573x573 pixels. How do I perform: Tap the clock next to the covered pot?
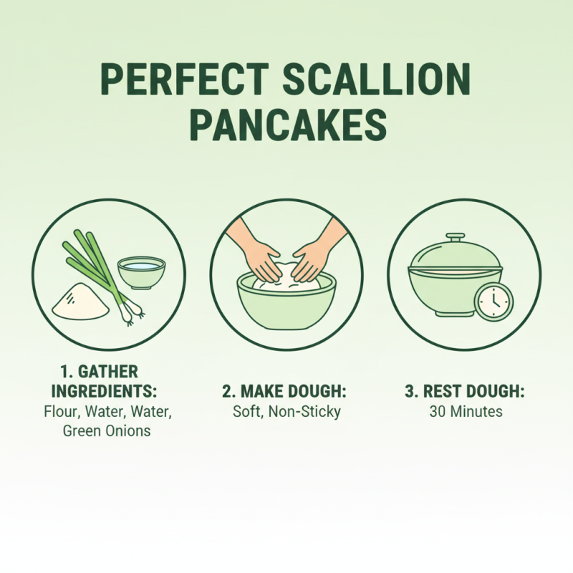click(x=493, y=301)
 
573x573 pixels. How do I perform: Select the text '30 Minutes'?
click(x=466, y=412)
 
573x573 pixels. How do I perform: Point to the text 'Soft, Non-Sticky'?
click(x=286, y=412)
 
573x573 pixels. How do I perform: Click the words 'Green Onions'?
click(x=107, y=431)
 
